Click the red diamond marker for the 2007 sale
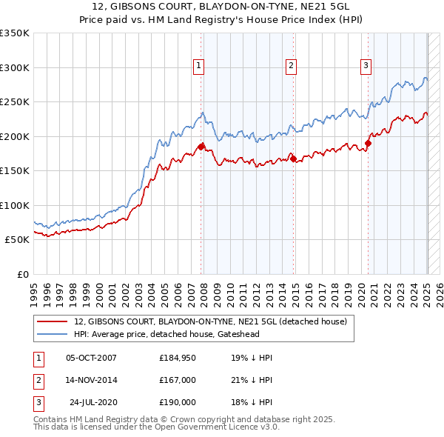pos(201,146)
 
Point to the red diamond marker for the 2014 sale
pos(294,159)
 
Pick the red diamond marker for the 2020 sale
pos(368,143)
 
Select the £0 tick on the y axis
pos(22,274)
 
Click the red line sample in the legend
pos(53,321)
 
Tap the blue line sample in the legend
pos(53,334)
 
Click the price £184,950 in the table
pos(178,358)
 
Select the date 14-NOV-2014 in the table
pos(92,380)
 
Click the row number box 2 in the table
pos(37,380)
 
